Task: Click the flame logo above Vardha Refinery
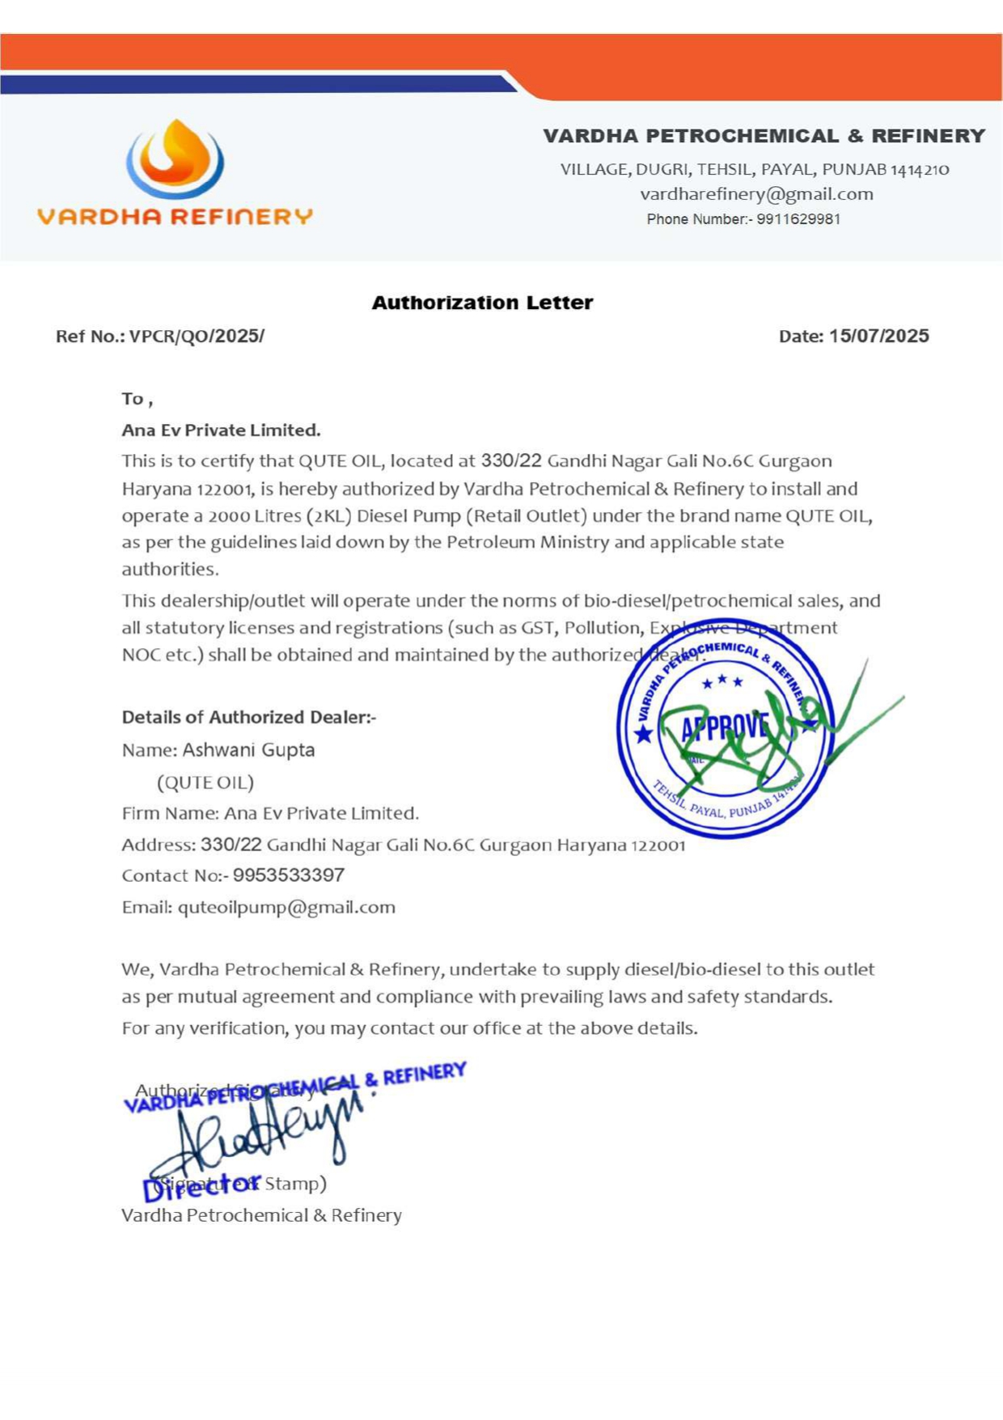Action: (x=175, y=159)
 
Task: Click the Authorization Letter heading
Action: (x=482, y=303)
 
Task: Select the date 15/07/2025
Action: (x=878, y=336)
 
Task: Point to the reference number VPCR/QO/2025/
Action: (x=197, y=337)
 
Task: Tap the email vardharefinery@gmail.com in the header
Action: (x=756, y=194)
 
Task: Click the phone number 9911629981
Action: (x=798, y=219)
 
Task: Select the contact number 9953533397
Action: (x=289, y=875)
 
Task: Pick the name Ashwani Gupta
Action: (x=248, y=750)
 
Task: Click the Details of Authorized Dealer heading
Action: (x=248, y=717)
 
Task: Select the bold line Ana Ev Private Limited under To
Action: (x=221, y=430)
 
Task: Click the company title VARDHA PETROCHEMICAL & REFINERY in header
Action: (x=764, y=136)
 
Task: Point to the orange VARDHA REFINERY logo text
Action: (x=175, y=217)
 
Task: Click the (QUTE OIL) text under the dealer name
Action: (x=205, y=782)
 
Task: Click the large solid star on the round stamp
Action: (x=643, y=734)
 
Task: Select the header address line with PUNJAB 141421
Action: (x=754, y=170)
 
